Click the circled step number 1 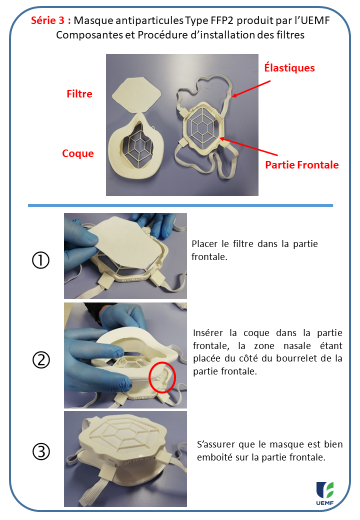point(41,259)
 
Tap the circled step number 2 point(41,359)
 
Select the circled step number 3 point(41,451)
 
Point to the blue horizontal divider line point(180,206)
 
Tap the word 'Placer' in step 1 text point(204,243)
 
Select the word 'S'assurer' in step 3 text point(213,443)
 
